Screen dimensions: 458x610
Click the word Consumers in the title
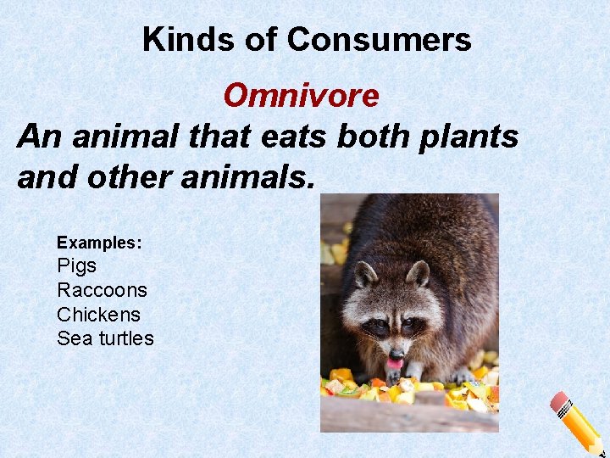(x=379, y=40)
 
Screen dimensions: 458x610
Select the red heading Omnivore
(x=301, y=96)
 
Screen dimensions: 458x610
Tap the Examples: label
(x=99, y=243)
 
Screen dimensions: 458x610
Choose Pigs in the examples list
(x=77, y=265)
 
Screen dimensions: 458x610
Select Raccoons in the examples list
(x=102, y=290)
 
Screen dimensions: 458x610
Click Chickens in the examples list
(x=98, y=314)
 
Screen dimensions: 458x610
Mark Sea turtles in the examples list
(x=105, y=338)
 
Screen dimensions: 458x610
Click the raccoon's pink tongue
(x=395, y=364)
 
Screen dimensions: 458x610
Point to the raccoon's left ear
(x=365, y=274)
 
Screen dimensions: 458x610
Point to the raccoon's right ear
(x=418, y=273)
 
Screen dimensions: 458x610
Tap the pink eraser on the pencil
(x=560, y=403)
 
